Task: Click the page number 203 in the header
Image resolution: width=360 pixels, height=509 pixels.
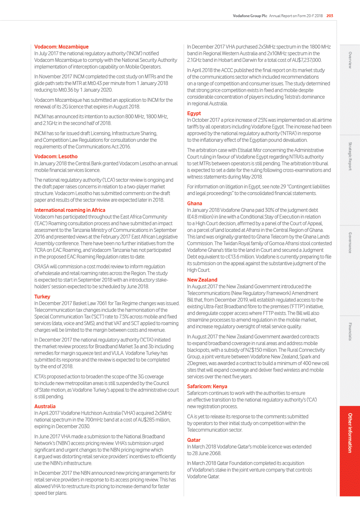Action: [x=330, y=16]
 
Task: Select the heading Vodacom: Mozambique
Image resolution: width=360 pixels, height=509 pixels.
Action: [x=61, y=47]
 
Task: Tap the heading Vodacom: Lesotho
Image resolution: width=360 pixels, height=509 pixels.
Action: [x=56, y=156]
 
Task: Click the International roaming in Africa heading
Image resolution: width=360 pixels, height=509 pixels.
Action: [x=70, y=210]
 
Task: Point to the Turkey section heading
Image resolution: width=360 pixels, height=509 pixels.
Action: [x=42, y=296]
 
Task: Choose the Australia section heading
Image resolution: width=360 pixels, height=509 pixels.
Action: [x=45, y=406]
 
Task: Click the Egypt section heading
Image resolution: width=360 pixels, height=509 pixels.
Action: [x=194, y=113]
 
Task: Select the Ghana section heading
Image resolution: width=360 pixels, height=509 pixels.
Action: [x=195, y=203]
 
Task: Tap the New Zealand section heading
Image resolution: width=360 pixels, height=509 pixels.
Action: [x=202, y=280]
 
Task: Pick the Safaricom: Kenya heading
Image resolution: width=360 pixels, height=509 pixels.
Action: [x=207, y=386]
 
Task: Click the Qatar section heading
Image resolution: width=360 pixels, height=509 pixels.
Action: [x=194, y=440]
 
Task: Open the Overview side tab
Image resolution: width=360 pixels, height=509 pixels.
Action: [x=350, y=60]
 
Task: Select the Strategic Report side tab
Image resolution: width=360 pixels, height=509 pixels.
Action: [x=350, y=156]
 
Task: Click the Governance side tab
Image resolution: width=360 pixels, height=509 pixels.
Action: [x=350, y=243]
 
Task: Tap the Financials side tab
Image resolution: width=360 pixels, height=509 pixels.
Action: [x=350, y=331]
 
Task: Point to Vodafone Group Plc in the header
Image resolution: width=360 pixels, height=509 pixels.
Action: [x=250, y=16]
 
